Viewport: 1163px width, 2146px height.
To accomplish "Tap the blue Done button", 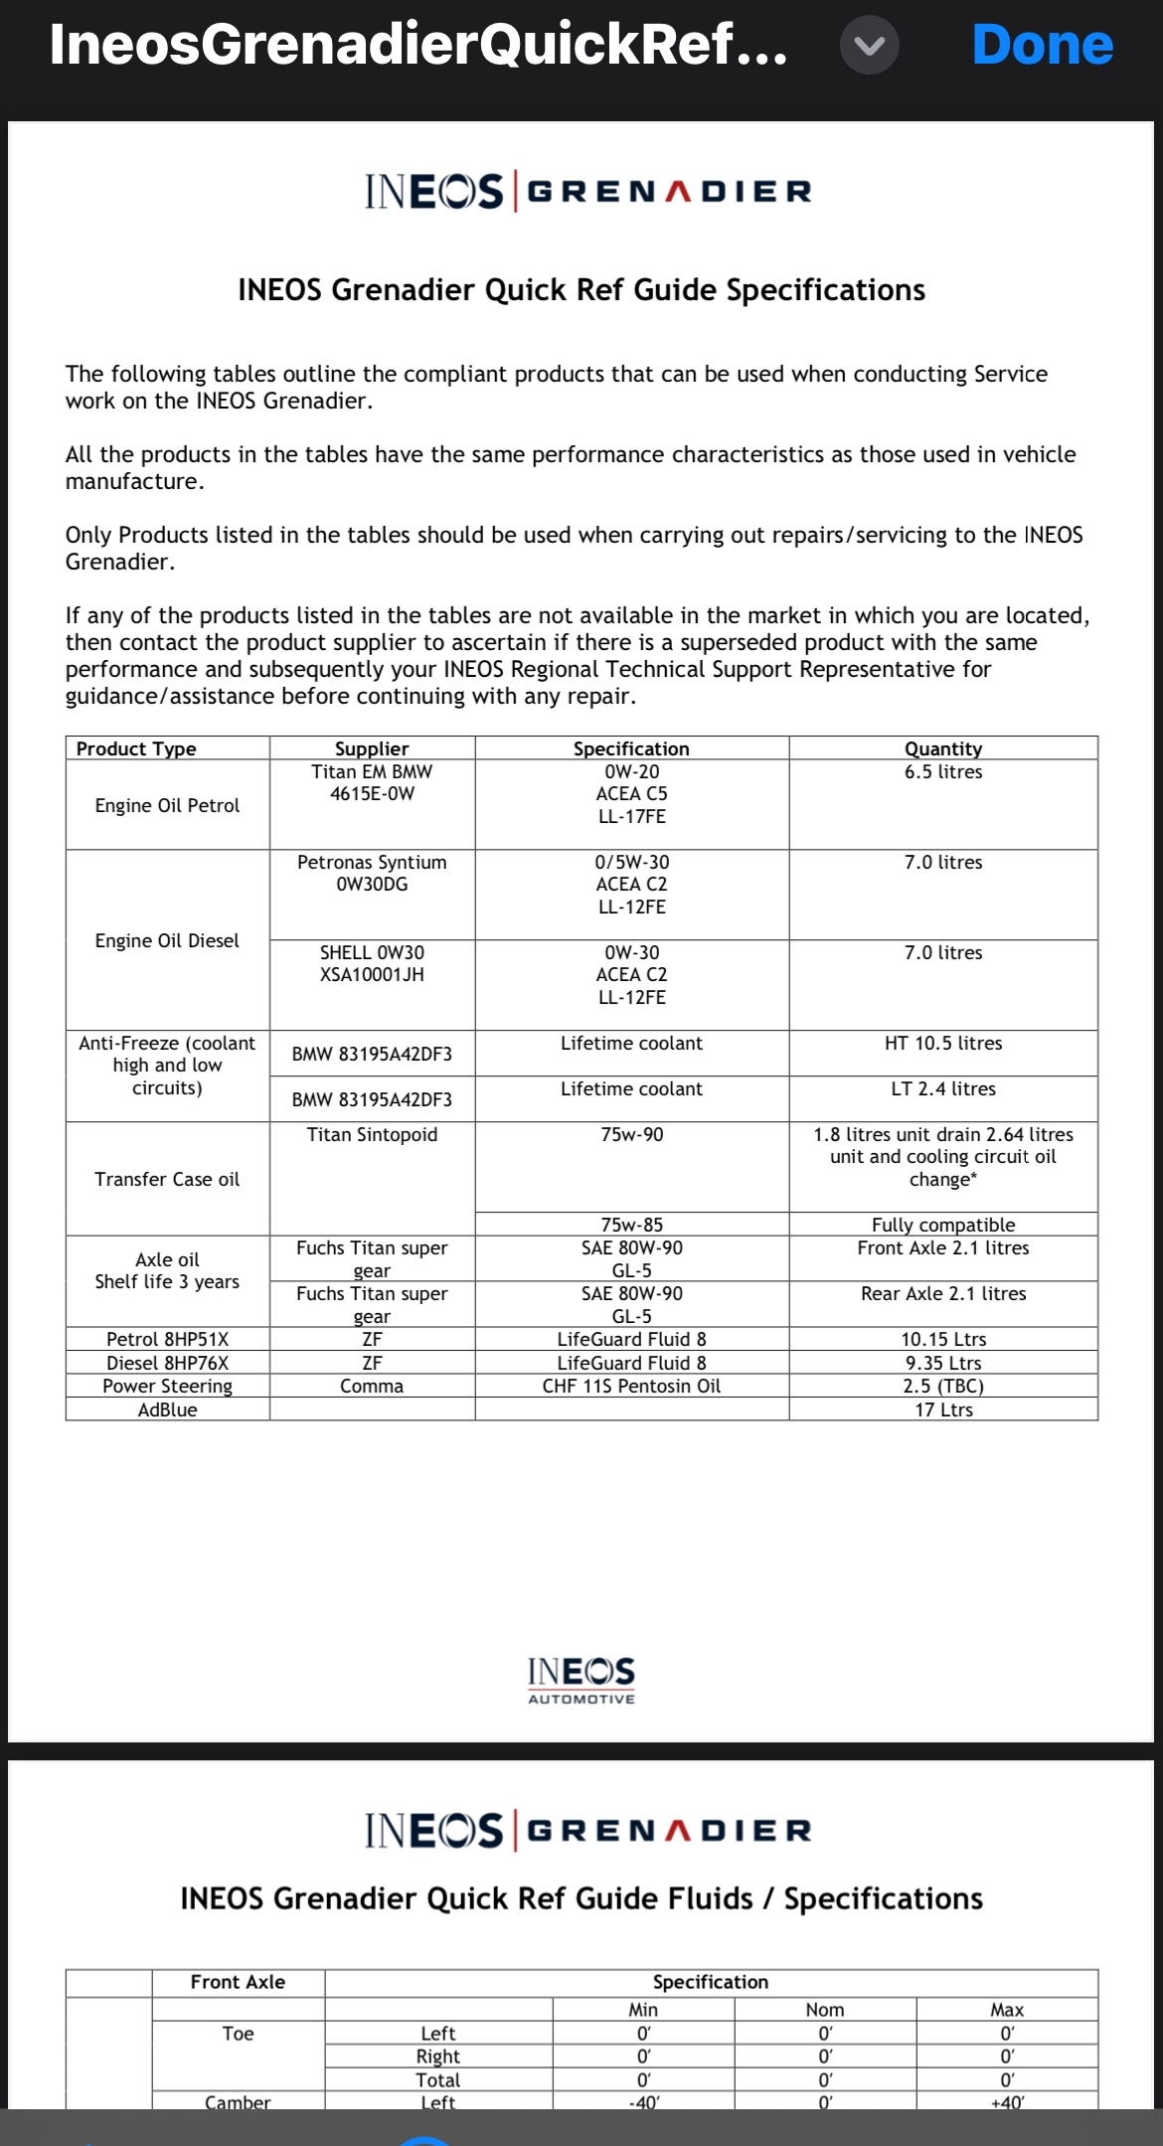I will [x=1042, y=45].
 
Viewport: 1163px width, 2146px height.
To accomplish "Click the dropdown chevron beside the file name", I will [x=869, y=46].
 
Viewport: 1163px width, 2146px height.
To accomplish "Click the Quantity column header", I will [x=942, y=748].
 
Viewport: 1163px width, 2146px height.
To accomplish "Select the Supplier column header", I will [x=372, y=748].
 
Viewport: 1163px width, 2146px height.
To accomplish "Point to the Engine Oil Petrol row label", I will [x=167, y=805].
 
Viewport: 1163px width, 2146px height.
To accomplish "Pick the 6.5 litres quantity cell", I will [x=942, y=772].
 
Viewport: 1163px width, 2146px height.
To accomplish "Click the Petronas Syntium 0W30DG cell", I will [x=372, y=873].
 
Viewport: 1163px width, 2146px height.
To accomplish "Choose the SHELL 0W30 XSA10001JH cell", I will [x=372, y=963].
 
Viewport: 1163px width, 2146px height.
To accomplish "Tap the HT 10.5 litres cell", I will [x=942, y=1043].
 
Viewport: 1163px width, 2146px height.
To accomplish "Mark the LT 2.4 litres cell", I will [x=942, y=1088].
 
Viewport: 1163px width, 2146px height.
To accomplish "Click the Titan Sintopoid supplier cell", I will [x=372, y=1134].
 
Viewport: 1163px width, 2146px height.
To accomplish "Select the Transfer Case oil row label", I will [x=167, y=1179].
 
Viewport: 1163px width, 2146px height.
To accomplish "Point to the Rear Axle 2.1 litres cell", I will [x=942, y=1293].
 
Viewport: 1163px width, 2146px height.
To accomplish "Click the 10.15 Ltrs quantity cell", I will [x=942, y=1339].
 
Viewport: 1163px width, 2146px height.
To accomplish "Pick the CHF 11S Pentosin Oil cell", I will [x=631, y=1386].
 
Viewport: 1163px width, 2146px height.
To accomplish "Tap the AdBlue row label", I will [x=167, y=1409].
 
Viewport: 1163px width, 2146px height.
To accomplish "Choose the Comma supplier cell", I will [x=372, y=1386].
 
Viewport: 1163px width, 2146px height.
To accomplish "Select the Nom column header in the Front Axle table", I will [x=824, y=2009].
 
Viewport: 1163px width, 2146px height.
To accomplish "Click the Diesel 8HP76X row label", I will [x=167, y=1363].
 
